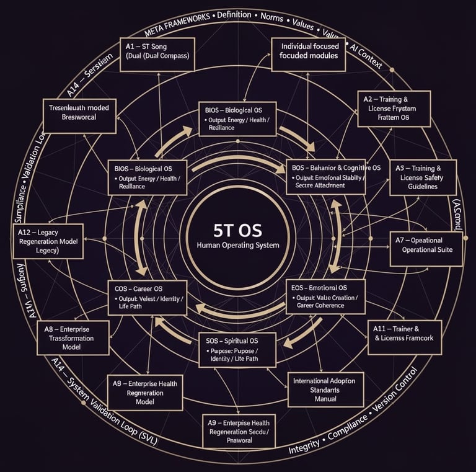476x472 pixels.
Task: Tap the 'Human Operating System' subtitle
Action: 237,246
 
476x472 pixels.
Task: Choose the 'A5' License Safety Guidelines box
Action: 423,177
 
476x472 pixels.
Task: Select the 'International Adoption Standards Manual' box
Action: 325,390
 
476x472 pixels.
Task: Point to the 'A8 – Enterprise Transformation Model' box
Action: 73,338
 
